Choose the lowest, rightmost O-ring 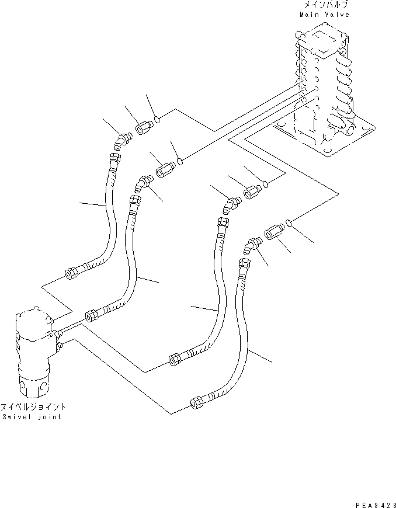(289, 221)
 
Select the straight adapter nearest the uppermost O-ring (144, 126)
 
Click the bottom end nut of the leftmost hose (72, 272)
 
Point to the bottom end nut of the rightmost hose (197, 402)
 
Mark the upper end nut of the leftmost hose (114, 157)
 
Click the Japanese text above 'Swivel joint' (33, 406)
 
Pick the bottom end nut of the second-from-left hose (92, 315)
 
